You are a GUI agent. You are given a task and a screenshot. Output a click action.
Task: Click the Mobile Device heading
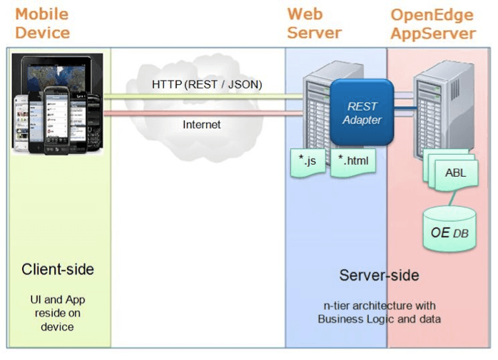42,24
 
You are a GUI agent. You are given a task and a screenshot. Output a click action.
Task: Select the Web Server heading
315,24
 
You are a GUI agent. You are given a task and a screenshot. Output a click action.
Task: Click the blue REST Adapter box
362,113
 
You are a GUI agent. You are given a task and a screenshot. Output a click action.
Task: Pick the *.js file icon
308,161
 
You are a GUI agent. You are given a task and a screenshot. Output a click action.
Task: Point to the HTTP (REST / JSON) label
207,85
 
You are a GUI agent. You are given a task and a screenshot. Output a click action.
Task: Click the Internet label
202,124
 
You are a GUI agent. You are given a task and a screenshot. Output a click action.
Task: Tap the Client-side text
58,269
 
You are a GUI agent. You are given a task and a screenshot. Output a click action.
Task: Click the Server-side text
379,275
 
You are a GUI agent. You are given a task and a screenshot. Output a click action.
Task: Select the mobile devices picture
58,103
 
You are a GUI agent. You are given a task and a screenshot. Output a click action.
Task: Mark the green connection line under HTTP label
207,96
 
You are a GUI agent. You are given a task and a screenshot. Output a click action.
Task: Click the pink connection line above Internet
207,112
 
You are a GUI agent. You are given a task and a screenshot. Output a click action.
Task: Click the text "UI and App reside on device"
57,313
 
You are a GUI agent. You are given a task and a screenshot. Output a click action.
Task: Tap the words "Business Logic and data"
379,319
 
